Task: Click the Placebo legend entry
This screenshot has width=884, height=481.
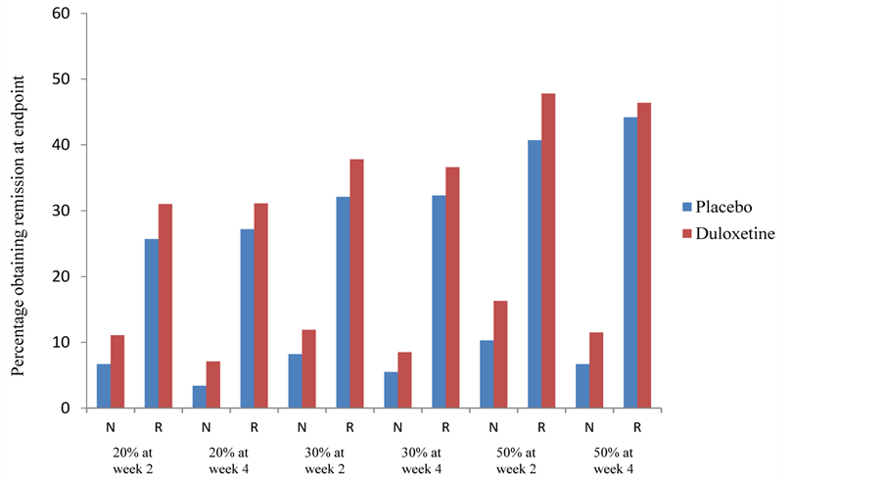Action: tap(721, 207)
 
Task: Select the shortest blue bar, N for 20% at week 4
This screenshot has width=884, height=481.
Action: tap(199, 397)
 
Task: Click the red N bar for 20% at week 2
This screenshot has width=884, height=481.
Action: tap(117, 371)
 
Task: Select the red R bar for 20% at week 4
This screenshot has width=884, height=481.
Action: tap(260, 306)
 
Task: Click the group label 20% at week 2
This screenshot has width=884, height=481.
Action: tap(132, 460)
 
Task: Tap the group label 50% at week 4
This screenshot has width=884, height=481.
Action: tap(612, 460)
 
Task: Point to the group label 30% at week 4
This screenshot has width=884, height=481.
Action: tap(420, 460)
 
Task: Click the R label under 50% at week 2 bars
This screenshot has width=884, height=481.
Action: tap(540, 427)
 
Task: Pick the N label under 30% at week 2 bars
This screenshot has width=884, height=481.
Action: tap(302, 427)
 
